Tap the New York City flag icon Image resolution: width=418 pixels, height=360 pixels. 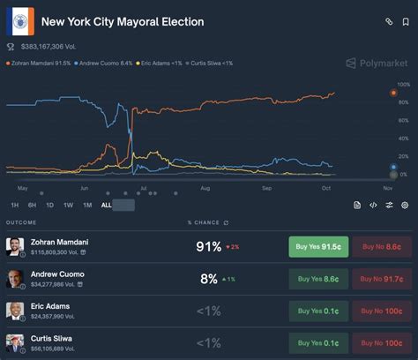click(x=19, y=22)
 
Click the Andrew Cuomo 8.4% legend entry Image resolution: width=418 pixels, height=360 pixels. click(x=105, y=64)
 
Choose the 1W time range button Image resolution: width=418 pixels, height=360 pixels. click(x=68, y=205)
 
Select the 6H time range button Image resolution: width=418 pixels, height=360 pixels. click(x=32, y=205)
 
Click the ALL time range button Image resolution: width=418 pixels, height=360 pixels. click(x=107, y=205)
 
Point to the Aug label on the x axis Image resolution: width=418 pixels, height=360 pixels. click(x=205, y=188)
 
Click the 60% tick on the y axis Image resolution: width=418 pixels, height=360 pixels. click(x=403, y=121)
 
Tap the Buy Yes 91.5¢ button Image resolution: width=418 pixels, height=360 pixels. click(x=317, y=247)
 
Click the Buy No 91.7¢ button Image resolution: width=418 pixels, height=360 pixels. click(x=381, y=279)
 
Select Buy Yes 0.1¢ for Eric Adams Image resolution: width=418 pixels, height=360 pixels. click(x=317, y=311)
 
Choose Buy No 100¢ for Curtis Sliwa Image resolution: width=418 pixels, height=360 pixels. click(x=381, y=342)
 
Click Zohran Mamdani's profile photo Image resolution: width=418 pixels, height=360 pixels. click(x=14, y=246)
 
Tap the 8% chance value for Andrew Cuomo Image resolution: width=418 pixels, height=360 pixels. click(x=209, y=279)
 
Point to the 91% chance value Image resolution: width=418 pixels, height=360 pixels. click(x=209, y=247)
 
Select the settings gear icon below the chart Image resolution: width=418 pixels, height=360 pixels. click(x=405, y=205)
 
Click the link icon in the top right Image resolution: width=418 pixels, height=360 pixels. click(x=389, y=21)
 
